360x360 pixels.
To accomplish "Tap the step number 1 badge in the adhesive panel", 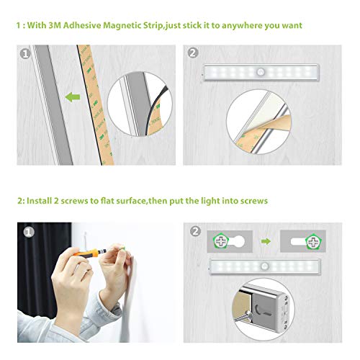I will click(24, 53).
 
